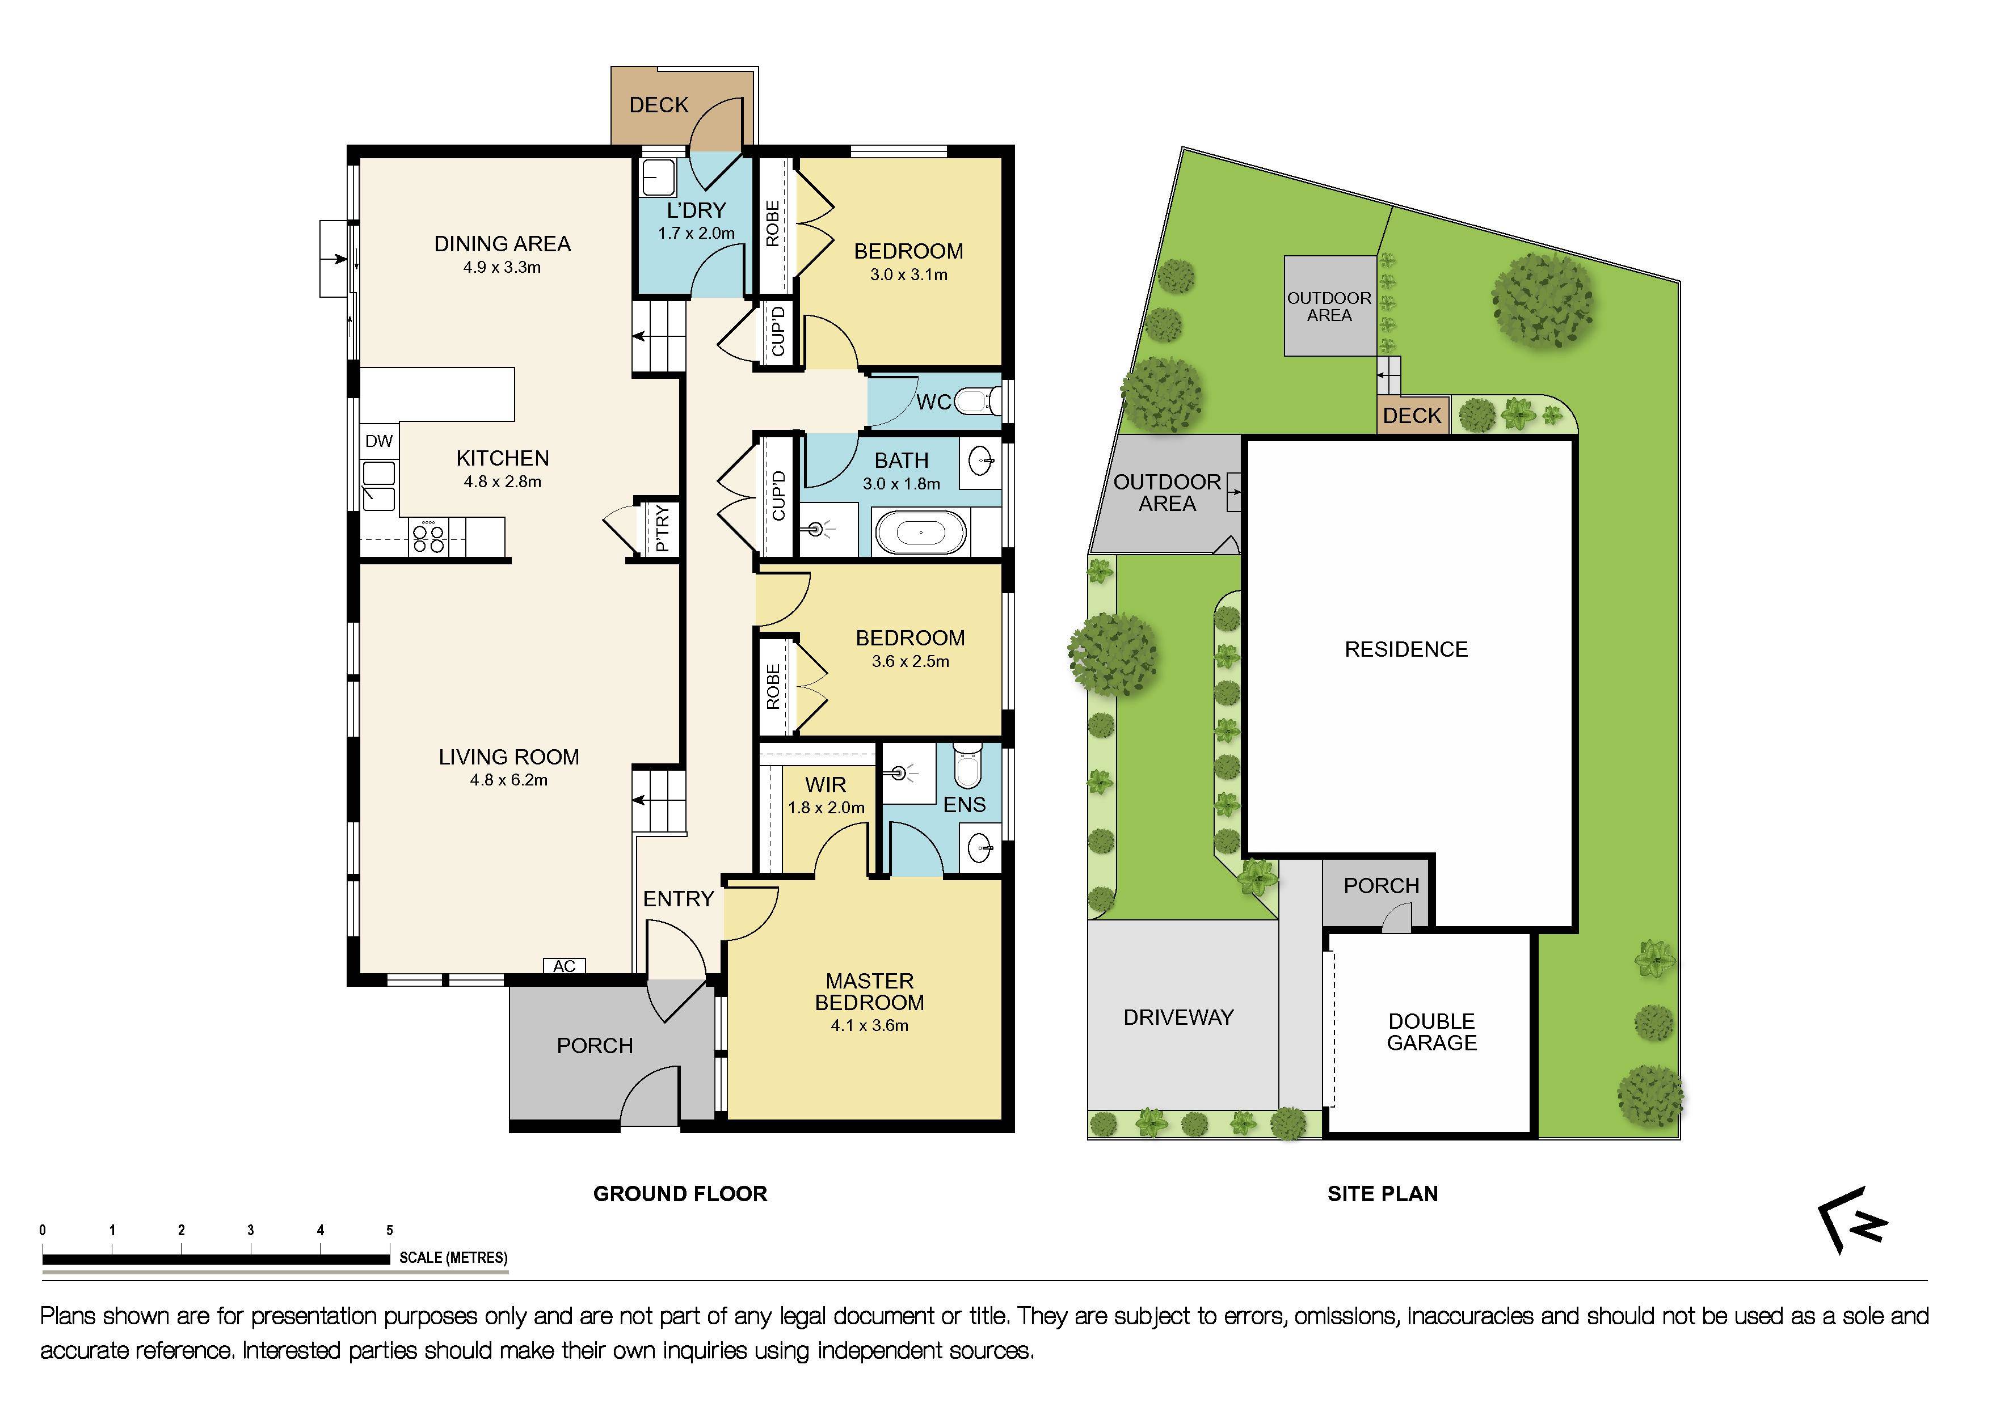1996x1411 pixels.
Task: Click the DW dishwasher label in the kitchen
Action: (378, 441)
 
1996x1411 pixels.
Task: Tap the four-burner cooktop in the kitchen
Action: (428, 538)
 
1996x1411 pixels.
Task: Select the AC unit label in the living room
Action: (564, 966)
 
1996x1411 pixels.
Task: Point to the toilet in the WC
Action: (978, 402)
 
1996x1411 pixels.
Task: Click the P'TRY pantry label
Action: (663, 528)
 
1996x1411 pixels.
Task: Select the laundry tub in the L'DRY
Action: (658, 178)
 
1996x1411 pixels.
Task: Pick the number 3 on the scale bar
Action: (250, 1230)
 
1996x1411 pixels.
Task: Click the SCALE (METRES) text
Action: (453, 1257)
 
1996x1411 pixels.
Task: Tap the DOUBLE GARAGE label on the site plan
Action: (1431, 1032)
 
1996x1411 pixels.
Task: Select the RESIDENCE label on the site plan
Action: (1406, 649)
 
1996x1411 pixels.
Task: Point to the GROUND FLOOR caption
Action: (680, 1194)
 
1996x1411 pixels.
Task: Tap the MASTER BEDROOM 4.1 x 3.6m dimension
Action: (869, 1026)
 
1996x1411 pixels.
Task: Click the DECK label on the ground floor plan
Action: (658, 105)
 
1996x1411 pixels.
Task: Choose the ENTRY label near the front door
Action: (678, 899)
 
